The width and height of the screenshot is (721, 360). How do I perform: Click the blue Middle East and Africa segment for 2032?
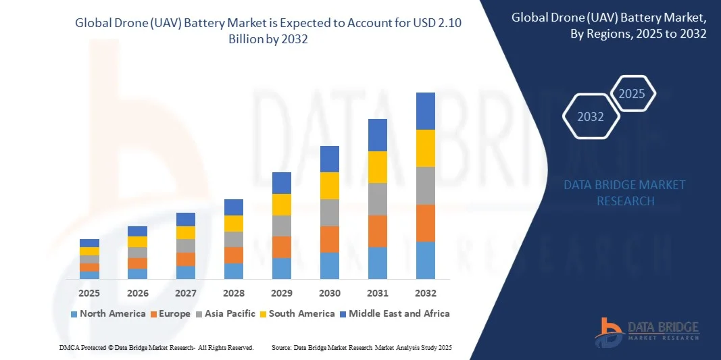425,111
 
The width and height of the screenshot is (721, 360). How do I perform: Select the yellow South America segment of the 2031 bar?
377,167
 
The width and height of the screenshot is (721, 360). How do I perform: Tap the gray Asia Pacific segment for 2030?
329,212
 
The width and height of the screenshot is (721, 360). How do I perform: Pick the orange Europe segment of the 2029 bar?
281,247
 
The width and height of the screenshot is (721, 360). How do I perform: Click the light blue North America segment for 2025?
89,274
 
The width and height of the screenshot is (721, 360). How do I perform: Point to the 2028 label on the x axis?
233,293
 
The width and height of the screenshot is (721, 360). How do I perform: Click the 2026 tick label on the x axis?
137,293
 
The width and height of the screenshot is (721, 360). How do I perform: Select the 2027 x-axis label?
185,293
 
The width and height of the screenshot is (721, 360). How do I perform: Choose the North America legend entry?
107,313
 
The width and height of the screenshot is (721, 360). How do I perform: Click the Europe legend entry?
171,313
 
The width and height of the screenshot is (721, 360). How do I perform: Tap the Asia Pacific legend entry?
226,313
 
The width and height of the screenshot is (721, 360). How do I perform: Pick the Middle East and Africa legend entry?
395,313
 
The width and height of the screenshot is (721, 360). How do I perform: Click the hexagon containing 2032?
591,117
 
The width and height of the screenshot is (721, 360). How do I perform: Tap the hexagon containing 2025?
632,94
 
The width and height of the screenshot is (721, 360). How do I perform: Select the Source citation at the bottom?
361,347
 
